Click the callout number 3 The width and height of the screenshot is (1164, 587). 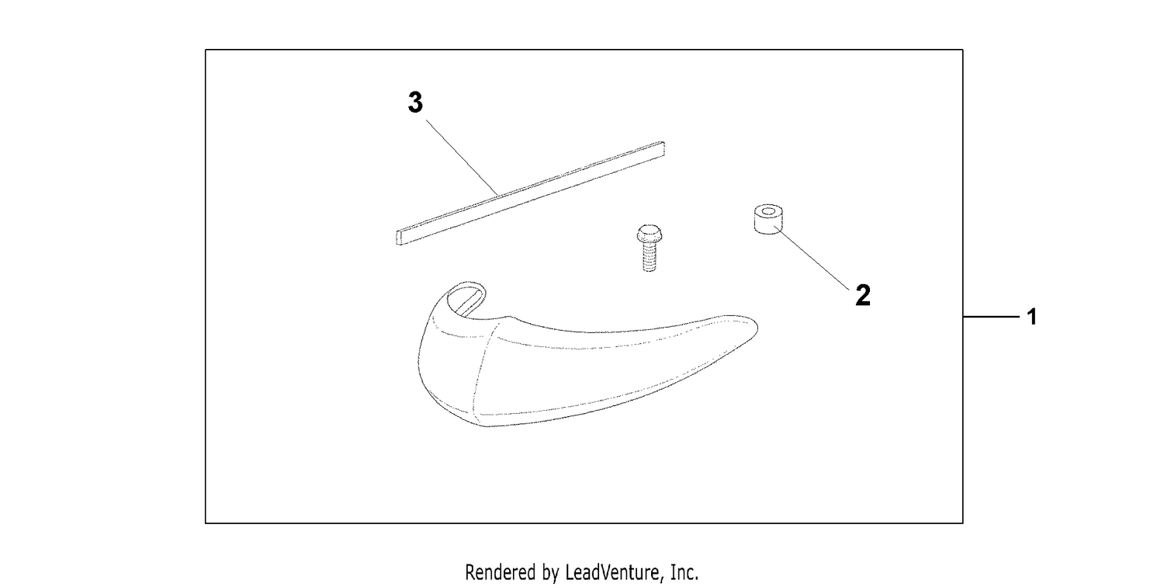pos(415,102)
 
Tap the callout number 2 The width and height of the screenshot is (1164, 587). pos(863,295)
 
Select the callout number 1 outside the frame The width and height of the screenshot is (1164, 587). pos(1032,317)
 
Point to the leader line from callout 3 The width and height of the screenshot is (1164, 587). pos(462,158)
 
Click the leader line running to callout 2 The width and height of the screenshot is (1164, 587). pos(812,258)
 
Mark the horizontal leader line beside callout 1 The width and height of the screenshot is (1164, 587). pos(992,316)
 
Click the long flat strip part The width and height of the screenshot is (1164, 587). pos(531,193)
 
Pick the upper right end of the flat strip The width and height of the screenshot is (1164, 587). pos(663,148)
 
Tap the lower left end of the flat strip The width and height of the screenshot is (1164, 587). pos(399,238)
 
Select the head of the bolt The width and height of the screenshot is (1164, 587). pos(649,234)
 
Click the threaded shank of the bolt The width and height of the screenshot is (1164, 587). pos(649,258)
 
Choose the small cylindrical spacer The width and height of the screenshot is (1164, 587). pos(768,219)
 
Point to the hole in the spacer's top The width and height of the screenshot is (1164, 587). pos(768,212)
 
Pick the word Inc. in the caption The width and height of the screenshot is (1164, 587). pos(684,572)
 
